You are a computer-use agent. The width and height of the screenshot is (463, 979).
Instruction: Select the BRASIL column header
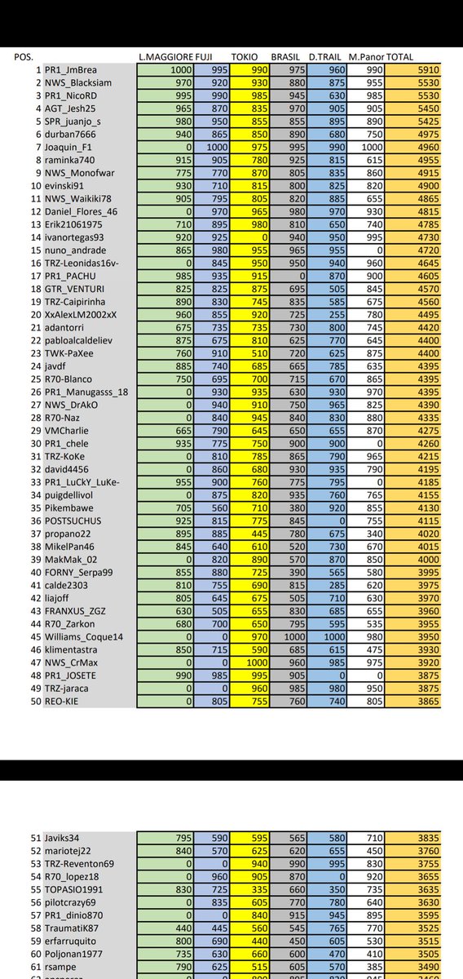coord(285,59)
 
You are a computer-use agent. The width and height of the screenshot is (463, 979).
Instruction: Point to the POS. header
coord(24,59)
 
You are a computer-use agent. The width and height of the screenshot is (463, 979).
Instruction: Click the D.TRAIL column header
coord(325,59)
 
